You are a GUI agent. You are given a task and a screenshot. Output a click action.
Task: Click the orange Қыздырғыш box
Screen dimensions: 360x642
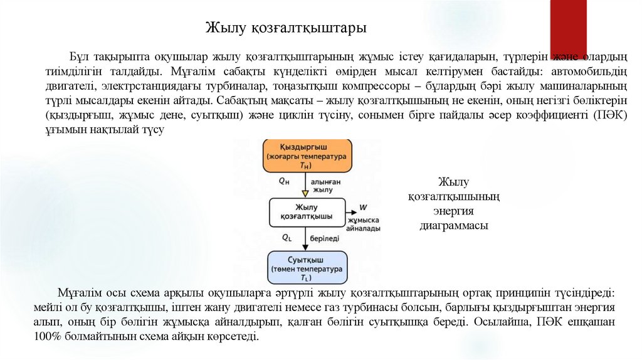pos(307,155)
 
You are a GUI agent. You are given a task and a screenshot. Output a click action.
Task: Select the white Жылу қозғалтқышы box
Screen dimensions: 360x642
pos(307,212)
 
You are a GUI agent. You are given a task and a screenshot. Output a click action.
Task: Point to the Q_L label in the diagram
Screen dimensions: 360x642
pos(287,238)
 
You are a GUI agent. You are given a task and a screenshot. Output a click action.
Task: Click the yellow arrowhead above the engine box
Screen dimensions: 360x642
pos(307,194)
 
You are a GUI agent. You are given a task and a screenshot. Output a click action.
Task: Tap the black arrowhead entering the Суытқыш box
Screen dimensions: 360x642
pos(307,246)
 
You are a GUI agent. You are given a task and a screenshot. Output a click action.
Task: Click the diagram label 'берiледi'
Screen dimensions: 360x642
pos(326,238)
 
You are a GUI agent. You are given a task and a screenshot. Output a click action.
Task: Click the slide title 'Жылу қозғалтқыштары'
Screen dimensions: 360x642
pos(287,28)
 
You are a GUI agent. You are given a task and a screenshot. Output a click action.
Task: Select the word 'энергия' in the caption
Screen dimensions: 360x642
pos(453,211)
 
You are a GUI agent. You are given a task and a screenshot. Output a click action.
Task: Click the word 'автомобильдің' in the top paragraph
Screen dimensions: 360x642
pos(578,71)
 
